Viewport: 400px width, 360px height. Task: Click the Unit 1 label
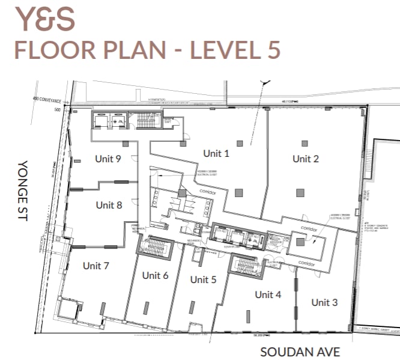[216, 153]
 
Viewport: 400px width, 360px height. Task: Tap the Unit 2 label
[306, 159]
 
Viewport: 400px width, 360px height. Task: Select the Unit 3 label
[324, 302]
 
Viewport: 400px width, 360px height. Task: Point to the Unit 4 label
[268, 294]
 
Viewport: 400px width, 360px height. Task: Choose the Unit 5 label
[203, 279]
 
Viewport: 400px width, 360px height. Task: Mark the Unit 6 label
[155, 275]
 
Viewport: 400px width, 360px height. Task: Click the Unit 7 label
[96, 265]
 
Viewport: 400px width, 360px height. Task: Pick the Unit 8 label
[109, 205]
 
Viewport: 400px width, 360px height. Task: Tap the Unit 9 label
[108, 159]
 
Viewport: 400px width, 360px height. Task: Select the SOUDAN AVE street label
[300, 352]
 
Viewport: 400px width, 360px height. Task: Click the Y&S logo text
[45, 19]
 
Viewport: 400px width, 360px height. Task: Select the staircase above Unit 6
[155, 247]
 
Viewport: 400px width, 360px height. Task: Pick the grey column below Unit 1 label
[239, 192]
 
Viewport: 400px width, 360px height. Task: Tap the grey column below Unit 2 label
[299, 192]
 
